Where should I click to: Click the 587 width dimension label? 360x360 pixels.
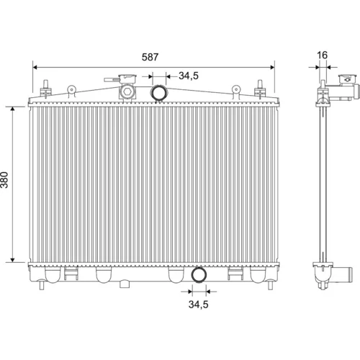pos(150,57)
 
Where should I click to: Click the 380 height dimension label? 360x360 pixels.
pos(4,180)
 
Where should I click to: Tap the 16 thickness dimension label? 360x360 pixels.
pos(322,55)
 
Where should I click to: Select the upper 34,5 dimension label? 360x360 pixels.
pos(189,76)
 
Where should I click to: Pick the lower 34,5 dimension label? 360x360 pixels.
pos(198,305)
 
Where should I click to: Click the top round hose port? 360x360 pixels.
pos(158,93)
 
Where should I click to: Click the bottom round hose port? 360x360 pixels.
pos(199,274)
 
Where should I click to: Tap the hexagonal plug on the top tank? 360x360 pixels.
pos(127,92)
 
